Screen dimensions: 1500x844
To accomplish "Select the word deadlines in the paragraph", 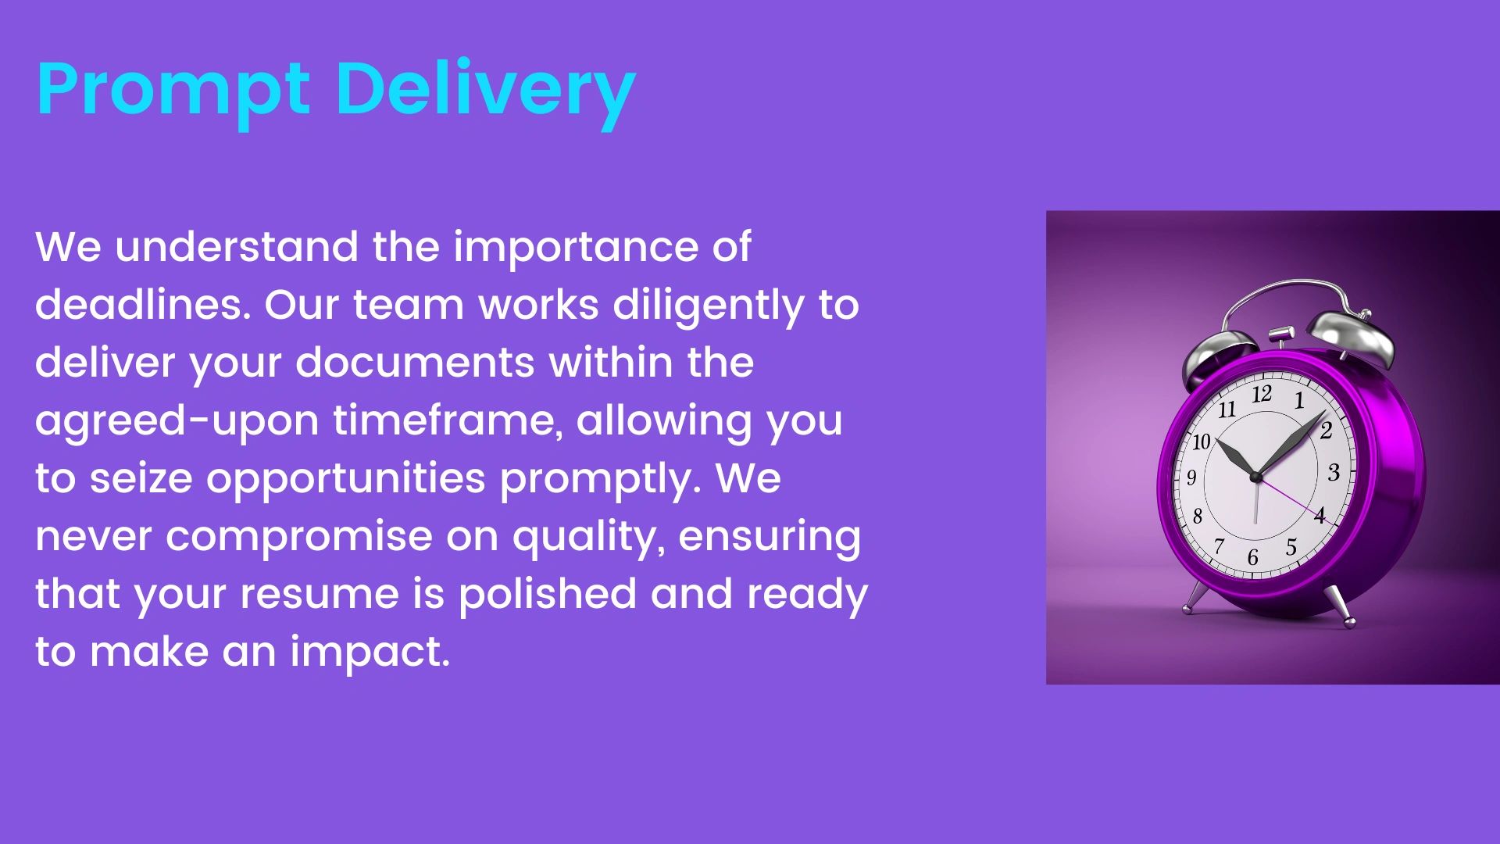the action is (x=143, y=304).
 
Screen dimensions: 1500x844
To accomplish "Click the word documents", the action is (x=414, y=362).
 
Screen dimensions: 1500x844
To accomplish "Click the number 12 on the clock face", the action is (x=1262, y=394).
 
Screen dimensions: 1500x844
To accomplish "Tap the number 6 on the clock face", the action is (x=1252, y=557).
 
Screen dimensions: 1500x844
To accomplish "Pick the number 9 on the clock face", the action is (x=1191, y=477).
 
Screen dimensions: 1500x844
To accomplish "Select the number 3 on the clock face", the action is (x=1334, y=472).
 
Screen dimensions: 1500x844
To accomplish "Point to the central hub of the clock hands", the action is (x=1255, y=476).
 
